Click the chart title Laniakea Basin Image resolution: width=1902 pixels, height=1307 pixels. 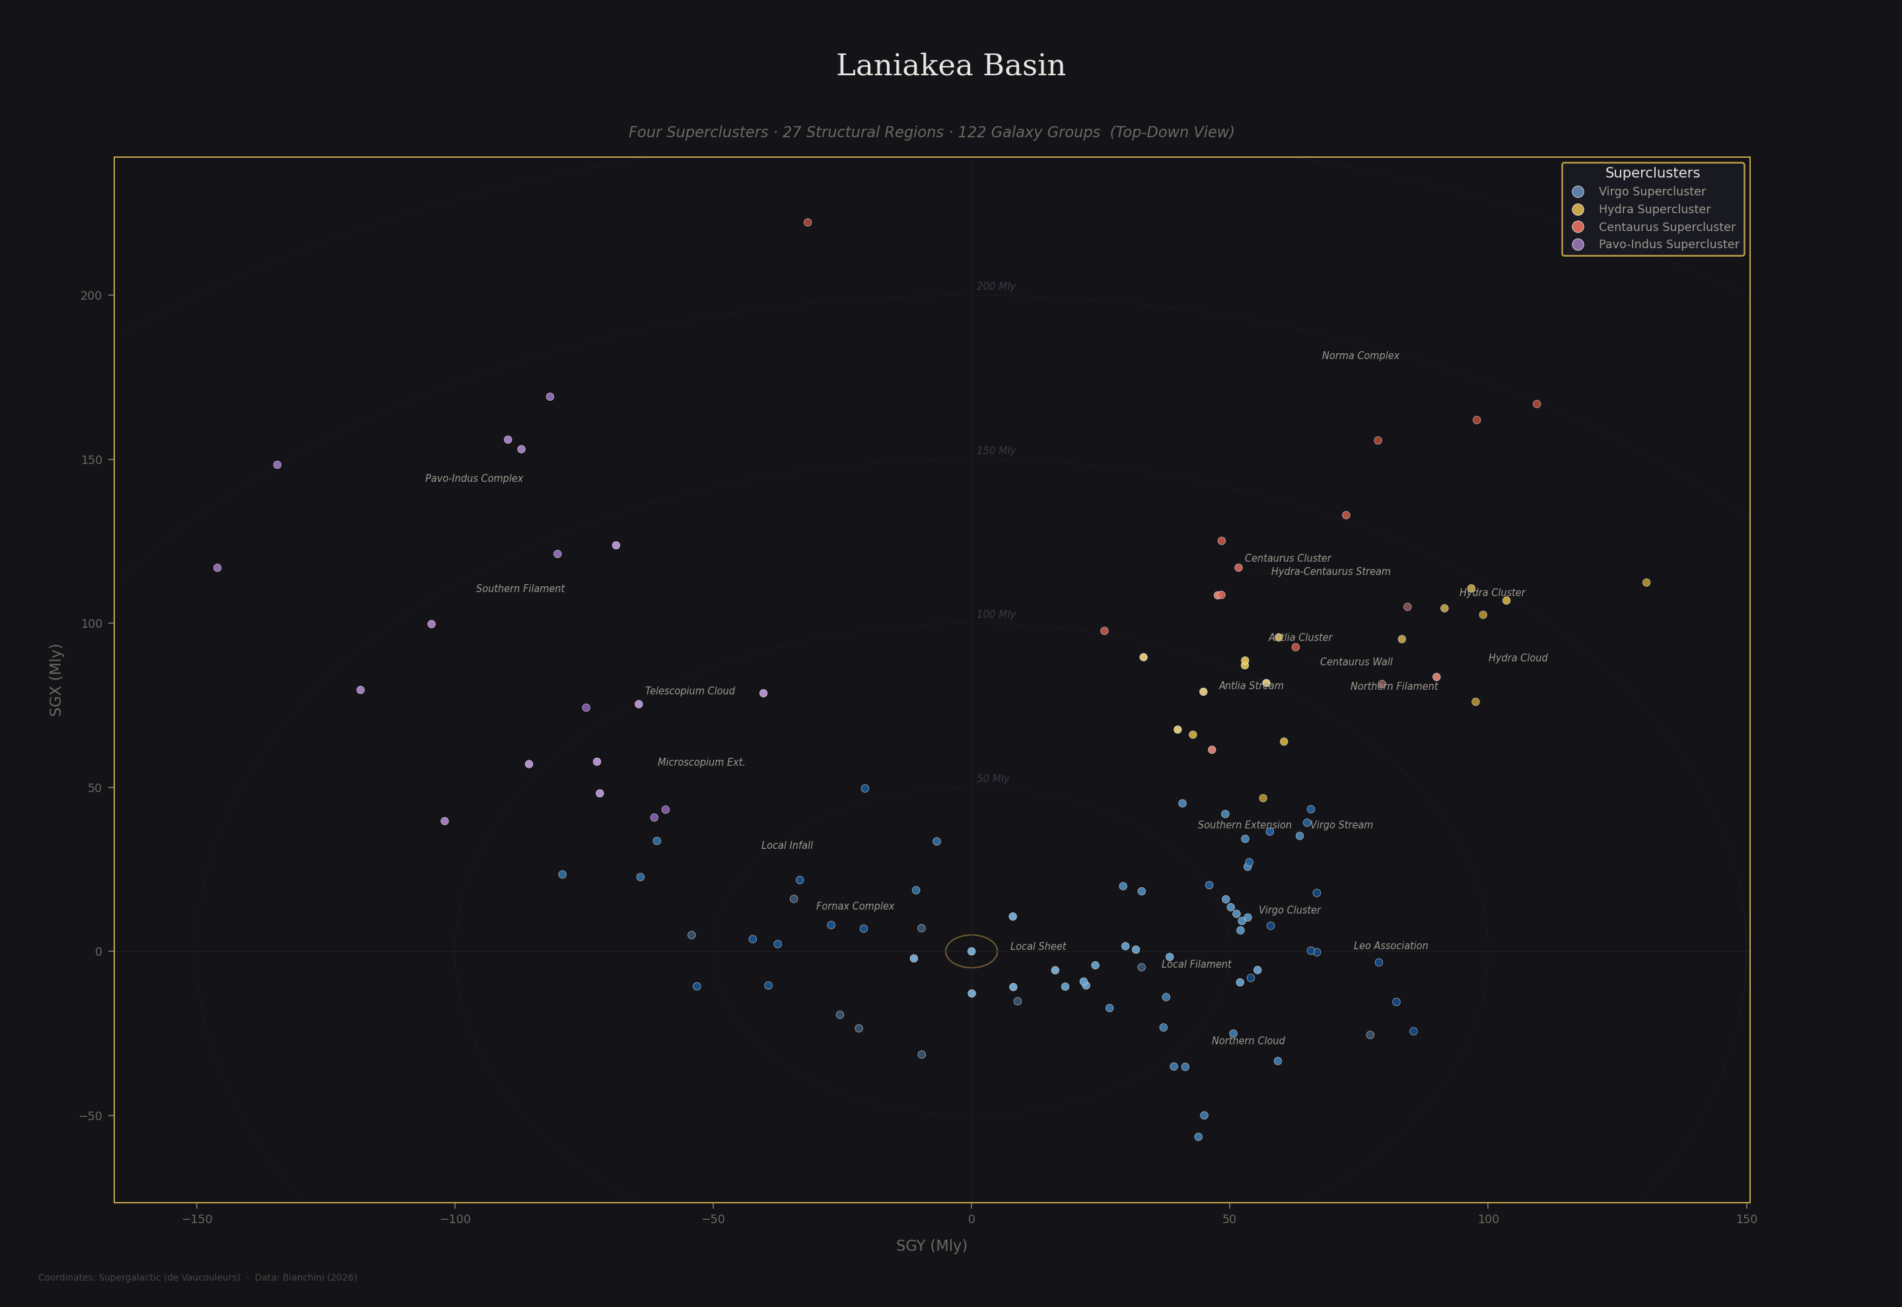tap(950, 65)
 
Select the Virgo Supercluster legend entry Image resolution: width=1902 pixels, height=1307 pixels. tap(1651, 191)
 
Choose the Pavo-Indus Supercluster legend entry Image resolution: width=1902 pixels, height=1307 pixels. tap(1668, 244)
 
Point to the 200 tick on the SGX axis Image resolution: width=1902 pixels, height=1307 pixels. tap(91, 296)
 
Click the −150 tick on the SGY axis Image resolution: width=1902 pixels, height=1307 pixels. tap(197, 1219)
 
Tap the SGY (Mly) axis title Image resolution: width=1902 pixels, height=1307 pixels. tap(931, 1246)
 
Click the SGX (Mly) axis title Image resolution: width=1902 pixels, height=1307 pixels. tap(55, 680)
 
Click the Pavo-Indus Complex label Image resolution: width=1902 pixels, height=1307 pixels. tap(474, 479)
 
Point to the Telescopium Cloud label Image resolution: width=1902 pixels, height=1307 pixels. tap(689, 691)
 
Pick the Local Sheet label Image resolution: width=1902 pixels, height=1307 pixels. tap(1038, 947)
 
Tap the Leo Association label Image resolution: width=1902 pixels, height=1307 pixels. tap(1390, 946)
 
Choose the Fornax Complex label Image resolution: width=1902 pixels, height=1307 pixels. tap(855, 906)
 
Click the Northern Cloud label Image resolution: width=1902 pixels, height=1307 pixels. tap(1248, 1041)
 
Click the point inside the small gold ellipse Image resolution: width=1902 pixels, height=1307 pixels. tap(971, 952)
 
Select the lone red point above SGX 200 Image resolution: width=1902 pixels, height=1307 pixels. tap(808, 222)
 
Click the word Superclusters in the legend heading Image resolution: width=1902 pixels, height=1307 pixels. tap(1652, 173)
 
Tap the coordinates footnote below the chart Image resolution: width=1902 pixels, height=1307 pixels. tap(197, 1277)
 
